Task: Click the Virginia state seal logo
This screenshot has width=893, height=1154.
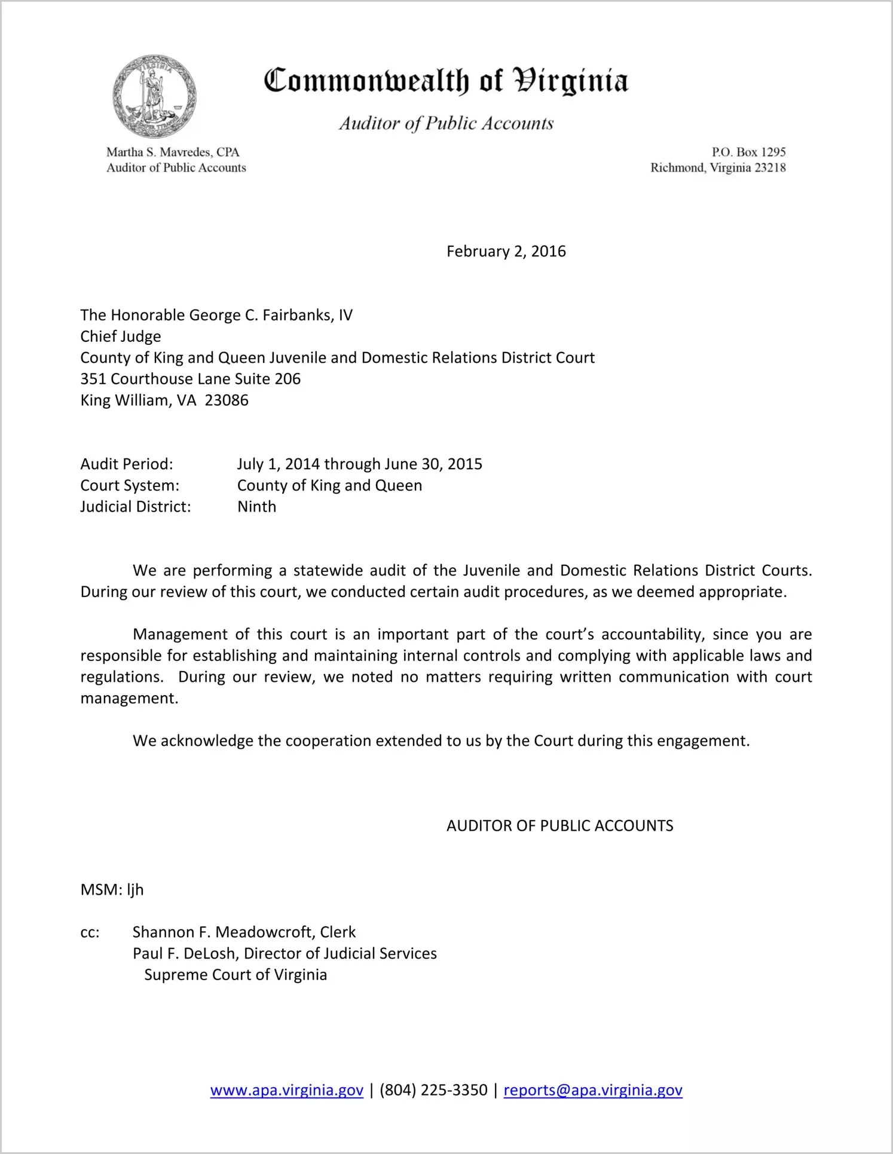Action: click(154, 97)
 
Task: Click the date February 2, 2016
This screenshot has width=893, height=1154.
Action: click(506, 252)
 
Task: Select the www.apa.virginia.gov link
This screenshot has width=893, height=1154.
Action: click(287, 1090)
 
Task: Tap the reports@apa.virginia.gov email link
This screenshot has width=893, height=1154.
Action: click(593, 1090)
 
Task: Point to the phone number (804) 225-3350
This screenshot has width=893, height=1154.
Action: click(433, 1090)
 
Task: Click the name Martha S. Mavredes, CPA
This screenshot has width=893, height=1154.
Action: click(173, 152)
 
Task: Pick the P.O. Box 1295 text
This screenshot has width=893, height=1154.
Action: click(748, 152)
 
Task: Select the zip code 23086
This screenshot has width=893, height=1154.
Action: click(227, 400)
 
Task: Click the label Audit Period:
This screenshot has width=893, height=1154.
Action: click(127, 464)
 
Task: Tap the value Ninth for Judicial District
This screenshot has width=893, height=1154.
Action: click(257, 507)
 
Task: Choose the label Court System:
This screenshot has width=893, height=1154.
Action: click(130, 486)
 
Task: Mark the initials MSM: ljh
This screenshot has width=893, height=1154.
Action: click(112, 890)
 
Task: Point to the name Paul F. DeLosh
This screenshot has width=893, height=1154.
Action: click(185, 954)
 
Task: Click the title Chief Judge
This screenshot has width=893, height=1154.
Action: click(121, 336)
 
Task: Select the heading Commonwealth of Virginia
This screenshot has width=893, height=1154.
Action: click(446, 81)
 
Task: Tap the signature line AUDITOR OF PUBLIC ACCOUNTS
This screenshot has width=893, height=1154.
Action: click(559, 826)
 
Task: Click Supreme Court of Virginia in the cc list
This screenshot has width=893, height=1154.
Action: click(236, 975)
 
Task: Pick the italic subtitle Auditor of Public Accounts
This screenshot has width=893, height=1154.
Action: click(446, 124)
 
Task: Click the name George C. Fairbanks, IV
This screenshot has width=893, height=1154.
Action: click(271, 316)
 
